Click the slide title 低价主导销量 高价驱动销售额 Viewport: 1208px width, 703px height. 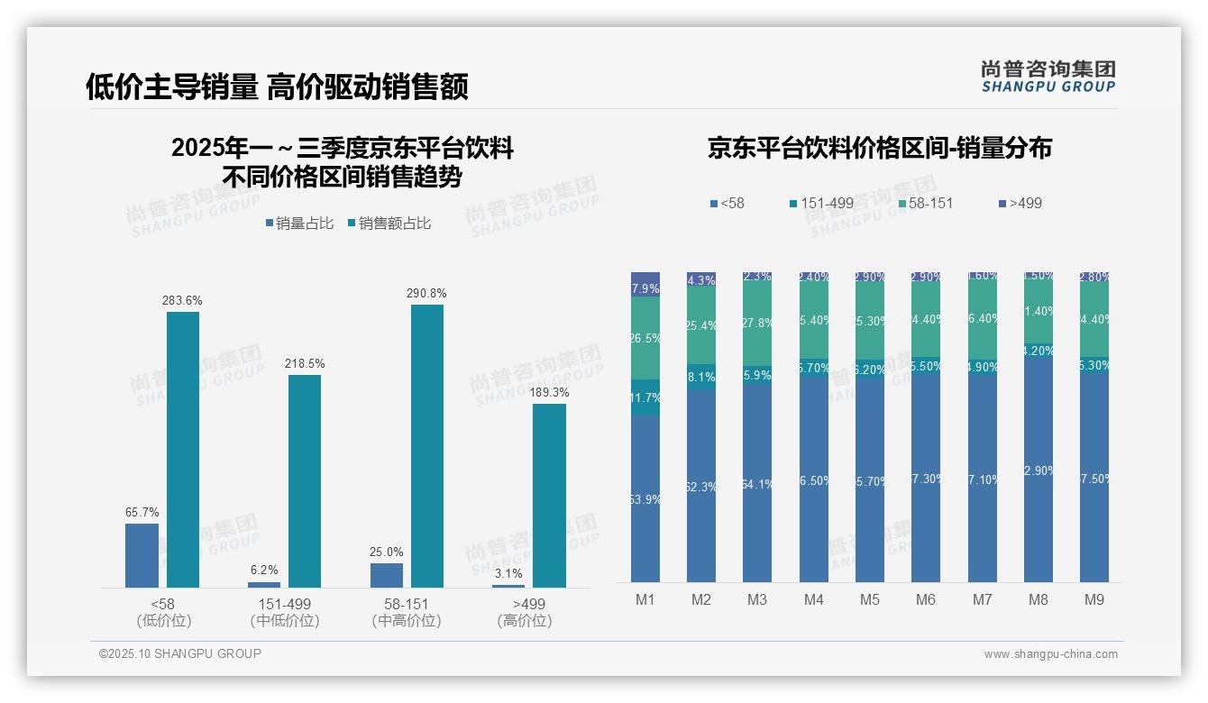click(277, 87)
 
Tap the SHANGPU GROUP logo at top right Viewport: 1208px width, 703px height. click(1048, 77)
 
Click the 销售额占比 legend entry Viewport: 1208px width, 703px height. click(389, 224)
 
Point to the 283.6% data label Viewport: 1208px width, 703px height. click(182, 300)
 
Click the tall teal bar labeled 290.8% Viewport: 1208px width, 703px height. click(427, 446)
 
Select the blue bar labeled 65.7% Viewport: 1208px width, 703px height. click(142, 555)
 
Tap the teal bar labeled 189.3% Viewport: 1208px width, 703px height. click(549, 496)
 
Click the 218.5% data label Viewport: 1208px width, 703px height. click(305, 363)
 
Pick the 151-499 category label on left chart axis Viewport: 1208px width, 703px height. click(285, 604)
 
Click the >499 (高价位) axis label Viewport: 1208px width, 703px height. click(525, 612)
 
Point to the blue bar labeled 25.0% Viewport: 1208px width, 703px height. click(387, 575)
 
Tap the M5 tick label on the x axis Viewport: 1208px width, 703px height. click(869, 599)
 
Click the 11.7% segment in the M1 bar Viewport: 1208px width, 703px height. click(645, 397)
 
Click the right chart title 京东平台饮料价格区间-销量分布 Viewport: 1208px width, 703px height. click(879, 149)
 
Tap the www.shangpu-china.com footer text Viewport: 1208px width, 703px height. click(1050, 654)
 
